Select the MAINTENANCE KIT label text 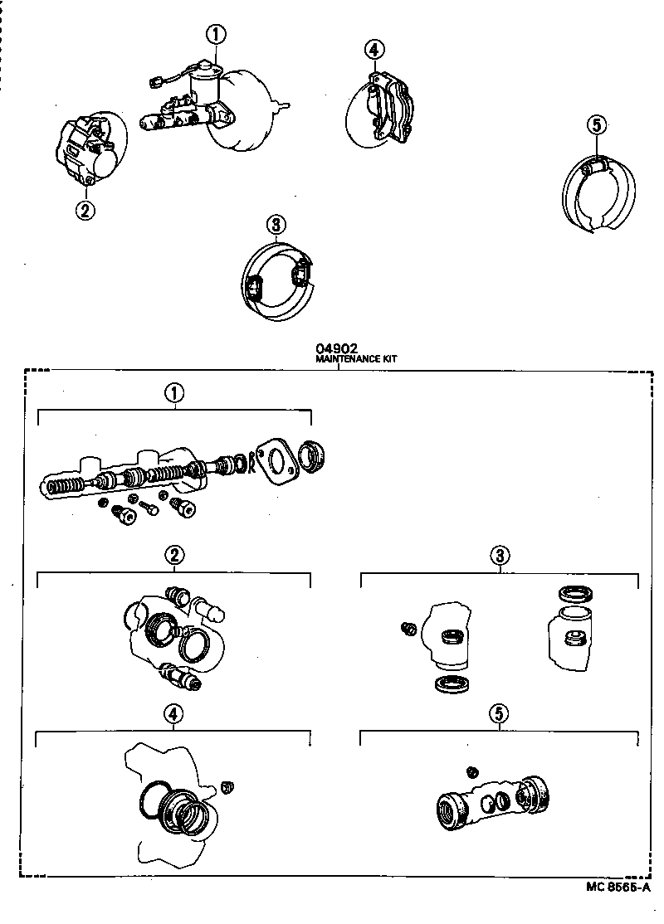[356, 360]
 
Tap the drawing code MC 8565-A [619, 887]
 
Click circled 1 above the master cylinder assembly [216, 35]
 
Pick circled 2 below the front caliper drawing [85, 210]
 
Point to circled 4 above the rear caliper [374, 50]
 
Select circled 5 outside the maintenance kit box [597, 125]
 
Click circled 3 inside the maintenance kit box [500, 555]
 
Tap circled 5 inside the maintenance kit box [499, 714]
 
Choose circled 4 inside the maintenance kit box [173, 714]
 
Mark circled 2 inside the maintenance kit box [173, 555]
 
